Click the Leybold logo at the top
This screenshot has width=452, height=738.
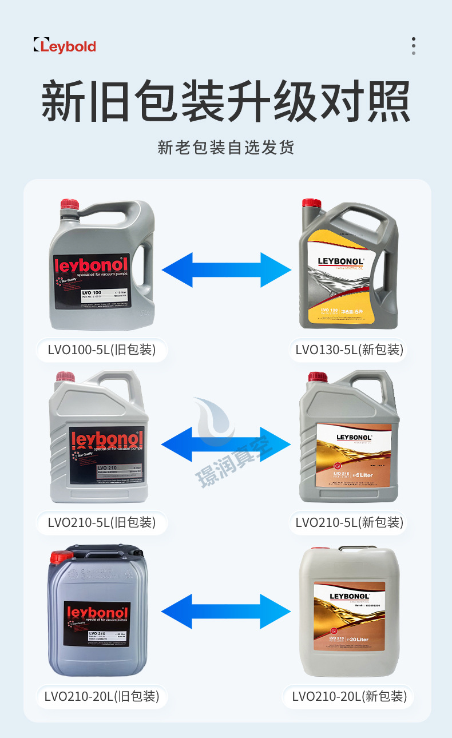click(65, 45)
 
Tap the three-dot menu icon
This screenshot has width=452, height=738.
click(413, 46)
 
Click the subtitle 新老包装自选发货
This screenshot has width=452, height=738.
click(226, 148)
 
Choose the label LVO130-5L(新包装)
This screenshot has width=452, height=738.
click(349, 349)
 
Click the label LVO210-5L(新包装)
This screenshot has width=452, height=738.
click(349, 522)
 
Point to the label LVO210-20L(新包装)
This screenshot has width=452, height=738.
click(349, 696)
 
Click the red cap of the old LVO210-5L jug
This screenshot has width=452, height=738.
click(65, 378)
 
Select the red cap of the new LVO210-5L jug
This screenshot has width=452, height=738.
click(318, 378)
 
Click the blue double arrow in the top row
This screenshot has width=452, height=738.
click(226, 269)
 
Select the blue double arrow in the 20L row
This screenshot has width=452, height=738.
click(226, 611)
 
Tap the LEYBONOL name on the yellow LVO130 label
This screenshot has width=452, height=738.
click(340, 261)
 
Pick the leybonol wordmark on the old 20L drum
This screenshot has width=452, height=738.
click(97, 613)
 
